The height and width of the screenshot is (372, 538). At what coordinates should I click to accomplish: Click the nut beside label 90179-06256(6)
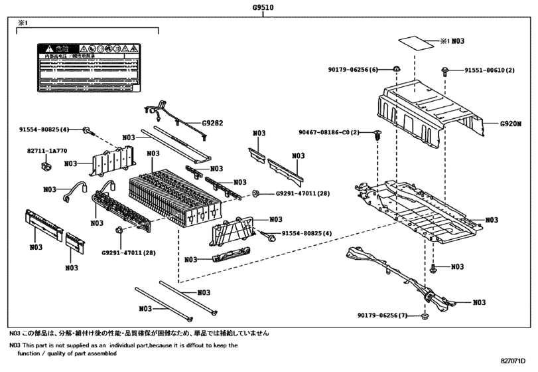[x=395, y=69]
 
